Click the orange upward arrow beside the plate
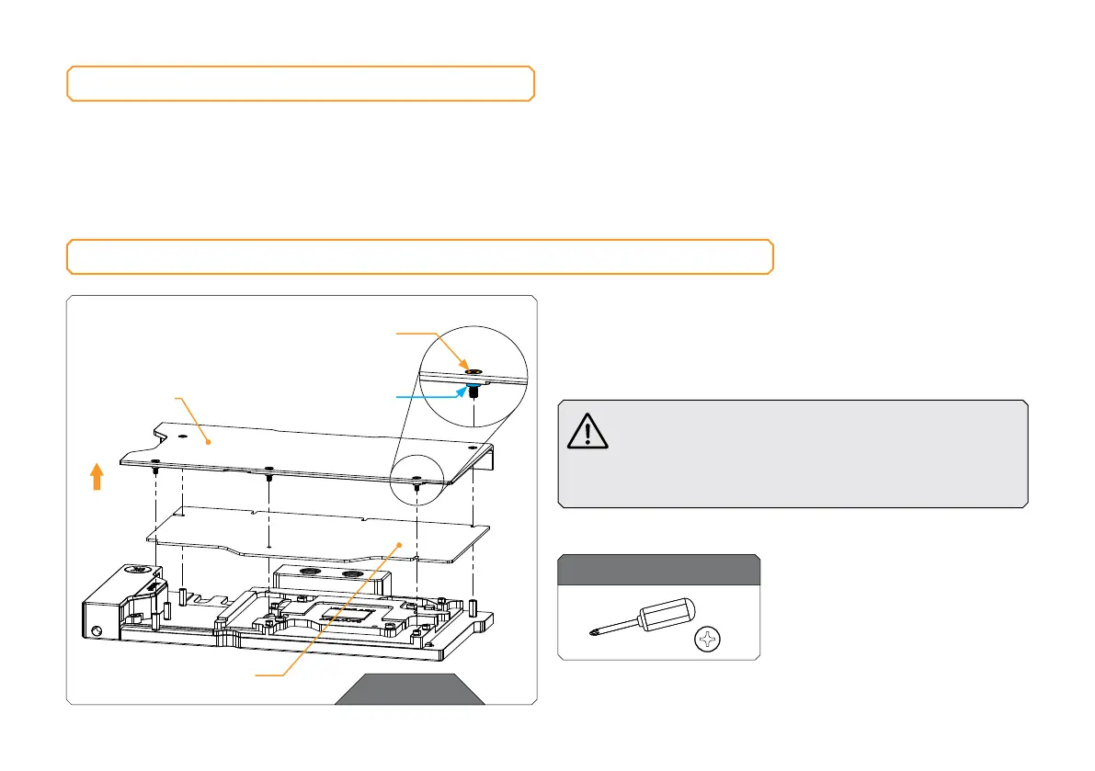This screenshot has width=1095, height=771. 96,478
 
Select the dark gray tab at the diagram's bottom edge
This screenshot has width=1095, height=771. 409,689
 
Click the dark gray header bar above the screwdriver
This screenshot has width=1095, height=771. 658,570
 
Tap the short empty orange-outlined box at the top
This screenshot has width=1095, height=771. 301,83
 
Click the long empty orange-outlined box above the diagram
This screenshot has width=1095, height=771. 419,256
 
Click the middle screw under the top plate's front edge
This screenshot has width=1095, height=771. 268,477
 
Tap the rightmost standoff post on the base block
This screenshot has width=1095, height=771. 473,609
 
